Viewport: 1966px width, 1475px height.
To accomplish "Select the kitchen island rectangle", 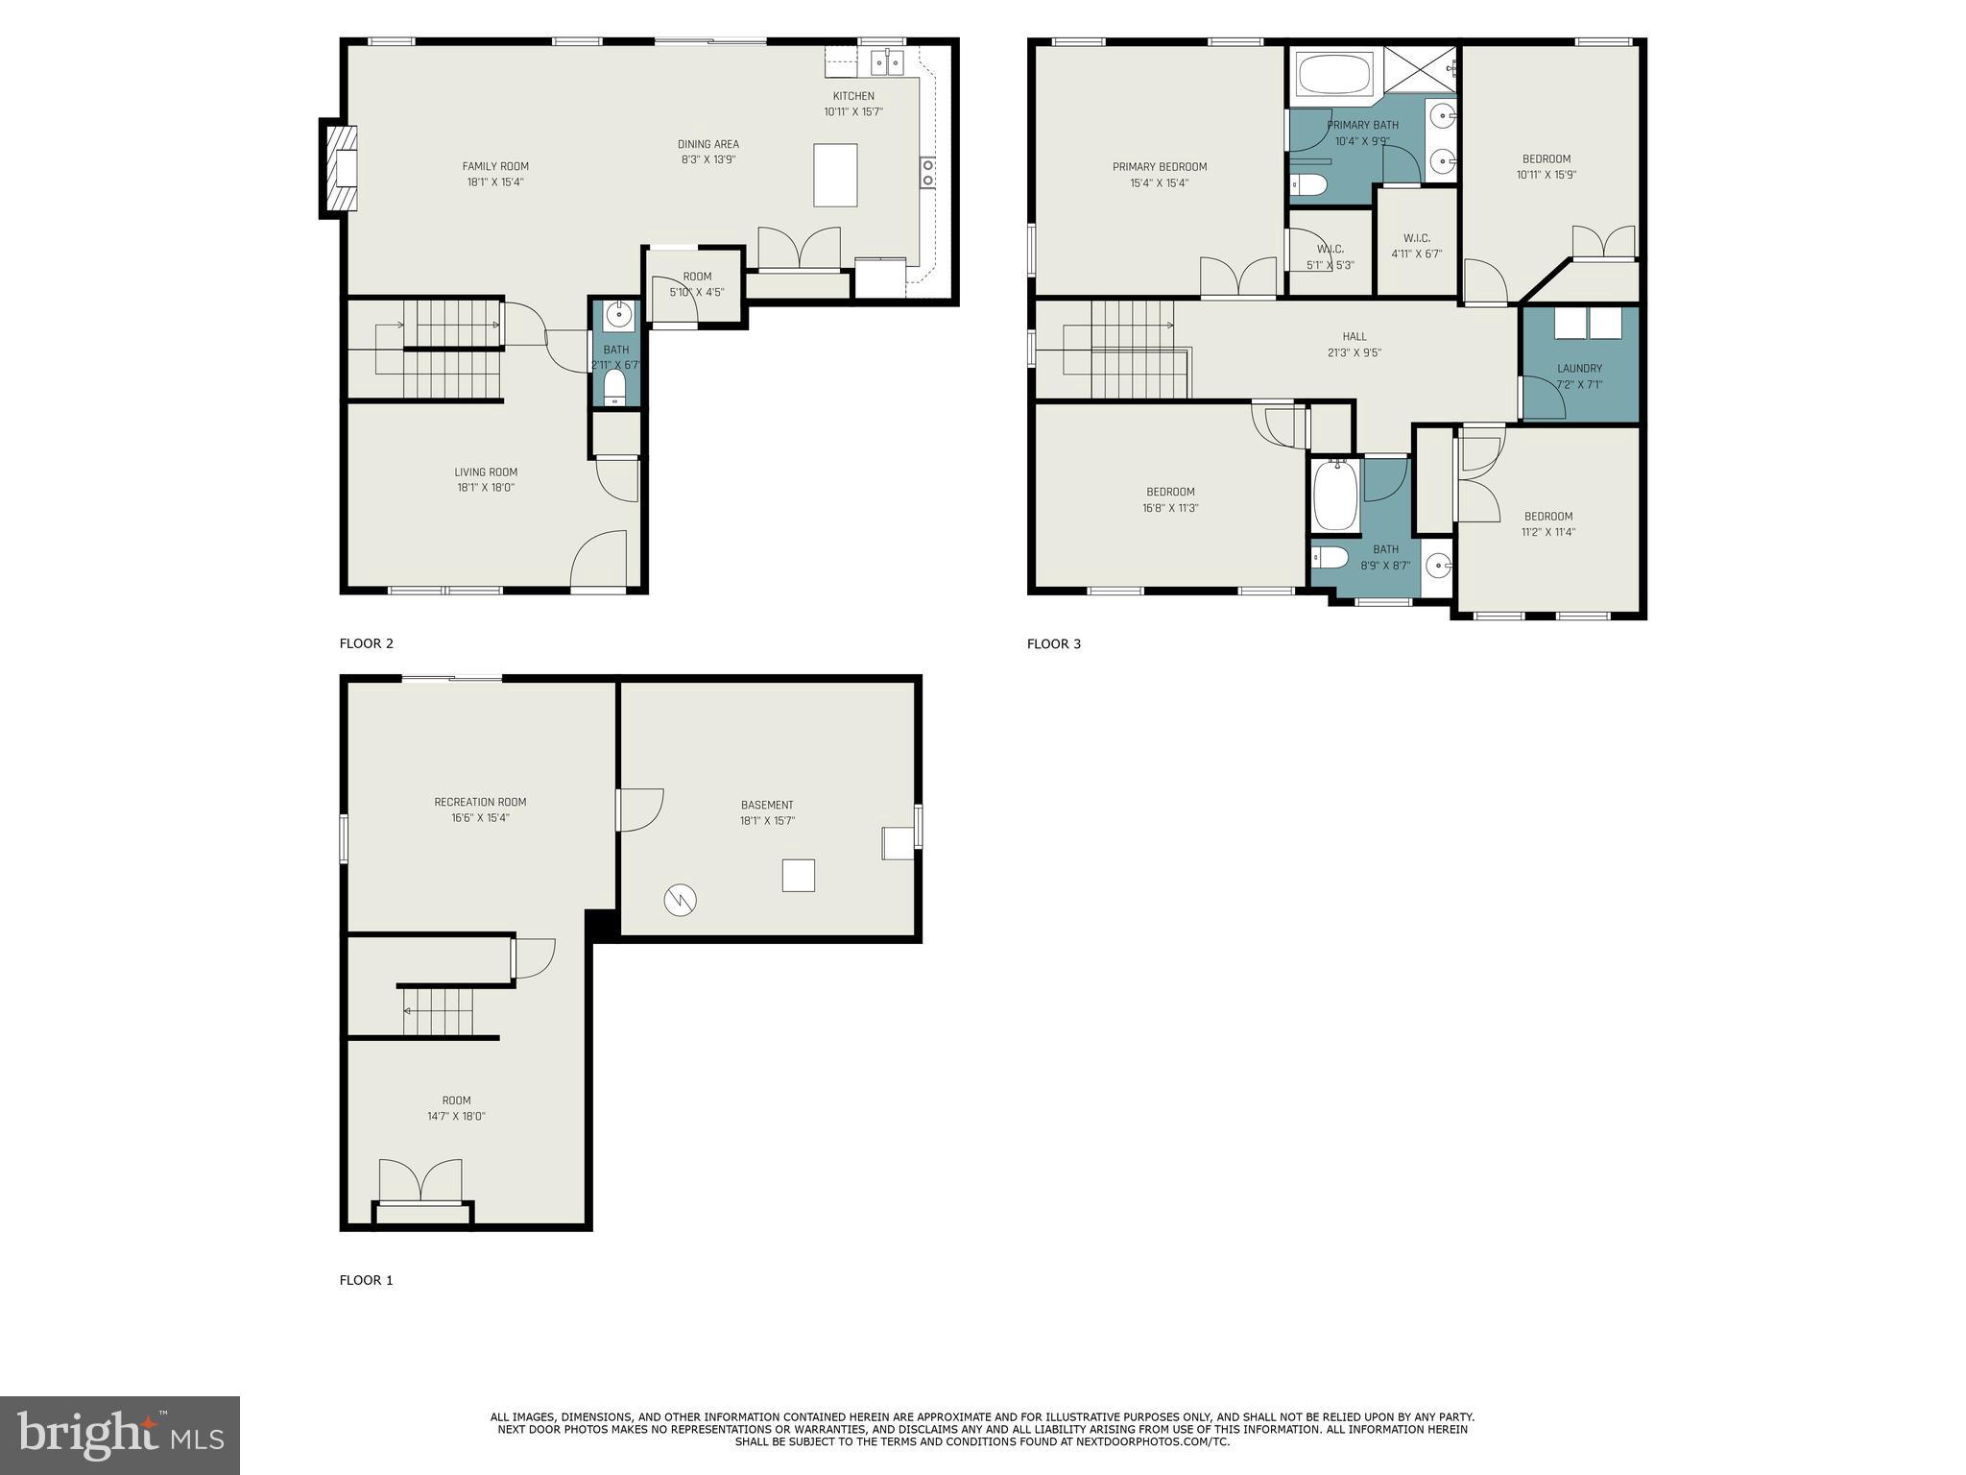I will (x=835, y=175).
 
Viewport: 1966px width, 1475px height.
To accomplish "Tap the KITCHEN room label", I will (x=853, y=96).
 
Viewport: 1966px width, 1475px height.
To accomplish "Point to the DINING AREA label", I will (x=708, y=144).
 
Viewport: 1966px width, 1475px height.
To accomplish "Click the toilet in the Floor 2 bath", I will (x=614, y=387).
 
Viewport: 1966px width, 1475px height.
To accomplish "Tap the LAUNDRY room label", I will (x=1579, y=368).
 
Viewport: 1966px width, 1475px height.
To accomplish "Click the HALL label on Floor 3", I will (x=1355, y=336).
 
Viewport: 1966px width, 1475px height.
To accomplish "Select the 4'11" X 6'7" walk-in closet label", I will (x=1416, y=254).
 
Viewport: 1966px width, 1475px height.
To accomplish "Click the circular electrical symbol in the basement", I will (x=680, y=900).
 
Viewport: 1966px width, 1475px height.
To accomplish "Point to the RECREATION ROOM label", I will (x=480, y=802).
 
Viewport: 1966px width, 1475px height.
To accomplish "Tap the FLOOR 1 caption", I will (x=366, y=1280).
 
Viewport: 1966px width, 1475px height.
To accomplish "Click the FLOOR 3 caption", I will (x=1053, y=643).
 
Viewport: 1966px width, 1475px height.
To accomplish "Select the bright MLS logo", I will (x=120, y=1435).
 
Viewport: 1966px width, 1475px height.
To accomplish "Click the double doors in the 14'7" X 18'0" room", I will (x=420, y=1180).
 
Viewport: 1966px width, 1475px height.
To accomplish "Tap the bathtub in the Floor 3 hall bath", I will (x=1334, y=496).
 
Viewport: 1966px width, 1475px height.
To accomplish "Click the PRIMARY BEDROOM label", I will (x=1160, y=167).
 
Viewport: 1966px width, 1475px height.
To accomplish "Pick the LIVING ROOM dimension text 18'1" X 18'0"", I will (x=486, y=488).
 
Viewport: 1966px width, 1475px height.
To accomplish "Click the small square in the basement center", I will (x=798, y=875).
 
